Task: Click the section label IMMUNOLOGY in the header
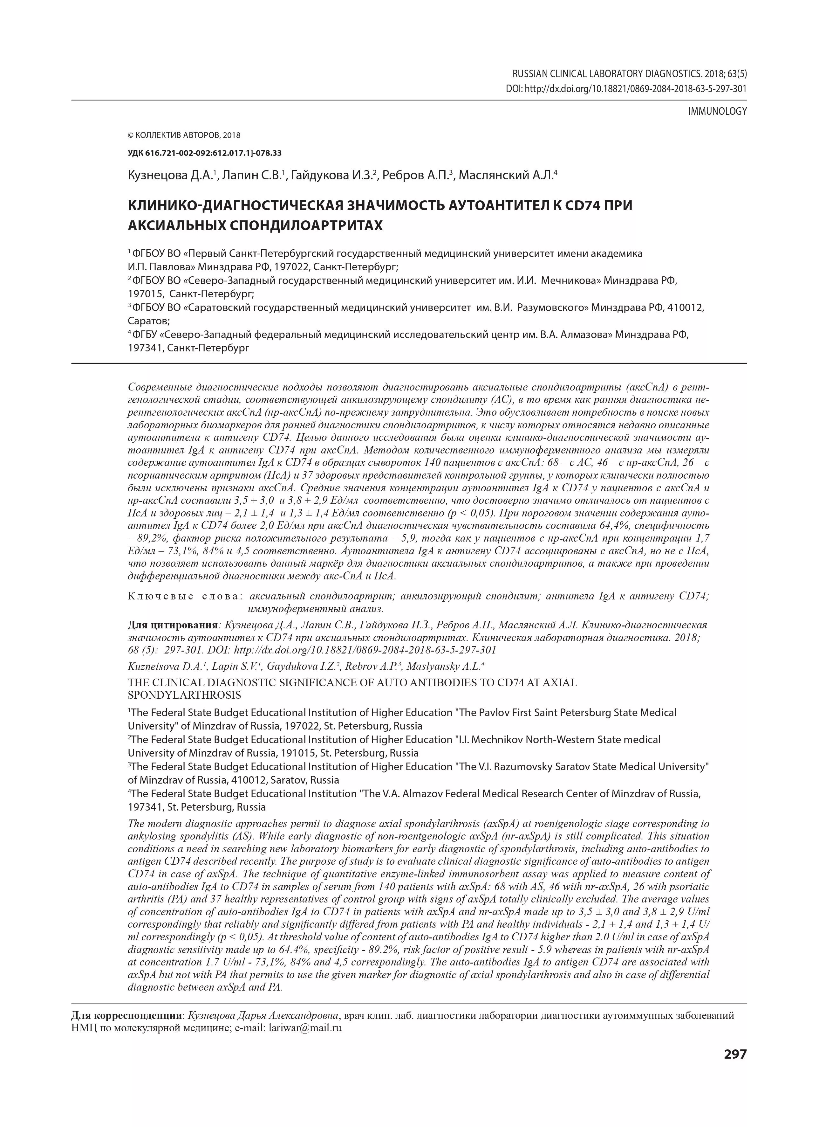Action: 717,112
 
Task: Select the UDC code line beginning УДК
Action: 204,153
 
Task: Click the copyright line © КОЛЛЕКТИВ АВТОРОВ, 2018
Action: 184,135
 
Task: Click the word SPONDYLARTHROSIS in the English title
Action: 185,695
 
